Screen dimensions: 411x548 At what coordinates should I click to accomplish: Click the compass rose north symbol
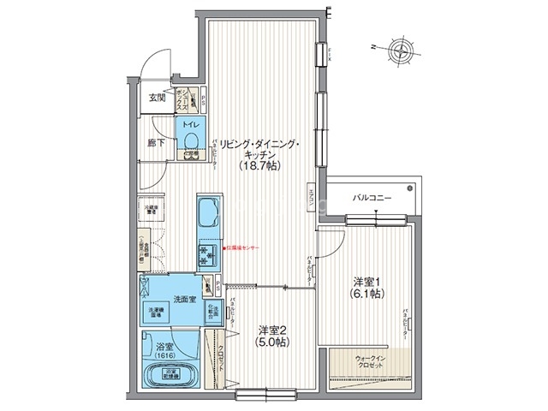pos(400,49)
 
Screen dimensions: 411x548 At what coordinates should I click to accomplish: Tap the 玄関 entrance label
pos(156,98)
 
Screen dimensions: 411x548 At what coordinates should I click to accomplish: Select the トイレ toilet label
pos(190,122)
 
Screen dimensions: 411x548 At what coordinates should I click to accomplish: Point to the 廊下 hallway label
pos(155,142)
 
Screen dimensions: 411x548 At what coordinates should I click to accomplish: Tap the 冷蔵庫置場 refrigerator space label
pos(149,208)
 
